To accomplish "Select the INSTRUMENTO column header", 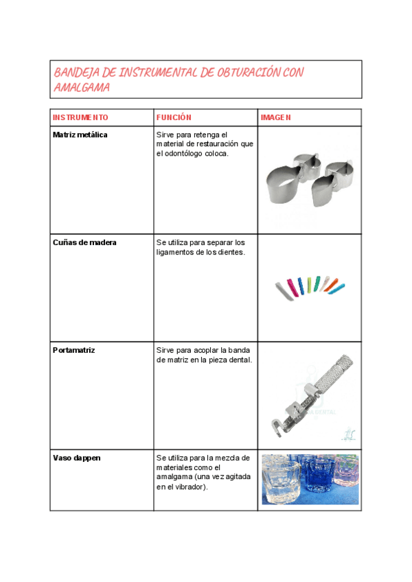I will point(80,117).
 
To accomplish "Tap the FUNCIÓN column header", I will point(174,117).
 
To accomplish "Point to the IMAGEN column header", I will point(275,117).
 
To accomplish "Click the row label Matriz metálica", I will point(80,135).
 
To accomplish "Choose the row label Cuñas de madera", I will point(84,242).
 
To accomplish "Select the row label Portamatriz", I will point(73,350).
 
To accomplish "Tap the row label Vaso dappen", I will point(76,458).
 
